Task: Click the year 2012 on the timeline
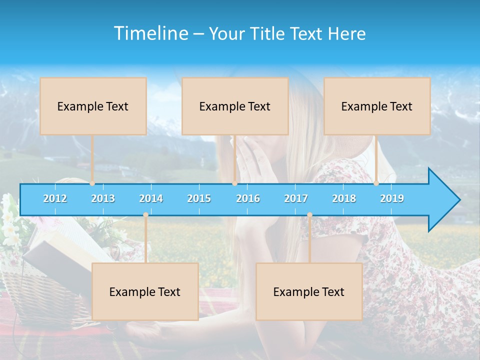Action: (55, 198)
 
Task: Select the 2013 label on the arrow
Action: (103, 198)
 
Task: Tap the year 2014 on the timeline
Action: (151, 198)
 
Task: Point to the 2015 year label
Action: (199, 198)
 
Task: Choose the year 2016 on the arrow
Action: (248, 198)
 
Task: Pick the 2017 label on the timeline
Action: (296, 198)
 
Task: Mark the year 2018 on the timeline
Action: (344, 198)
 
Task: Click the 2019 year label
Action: (392, 198)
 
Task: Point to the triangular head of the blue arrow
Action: (442, 200)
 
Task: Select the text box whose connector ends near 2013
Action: (93, 106)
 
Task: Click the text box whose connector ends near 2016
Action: (235, 106)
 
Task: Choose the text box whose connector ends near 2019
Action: (377, 106)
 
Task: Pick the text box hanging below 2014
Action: (145, 291)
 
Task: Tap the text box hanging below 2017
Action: (309, 291)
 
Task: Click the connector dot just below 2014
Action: (145, 215)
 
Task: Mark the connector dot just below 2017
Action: (309, 215)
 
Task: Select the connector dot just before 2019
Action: (376, 183)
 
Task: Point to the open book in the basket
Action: (55, 250)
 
